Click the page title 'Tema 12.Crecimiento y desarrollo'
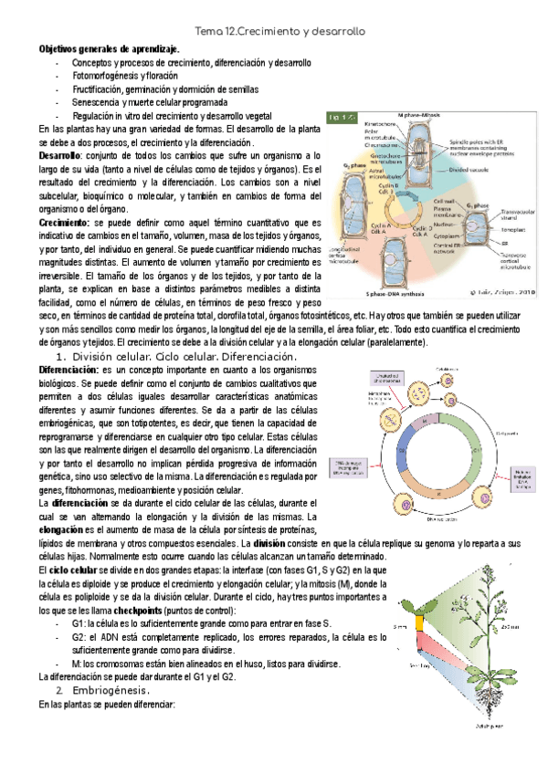274,31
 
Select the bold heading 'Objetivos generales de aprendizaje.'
109,48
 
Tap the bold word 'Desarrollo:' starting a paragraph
62,158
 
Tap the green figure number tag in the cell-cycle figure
345,118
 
